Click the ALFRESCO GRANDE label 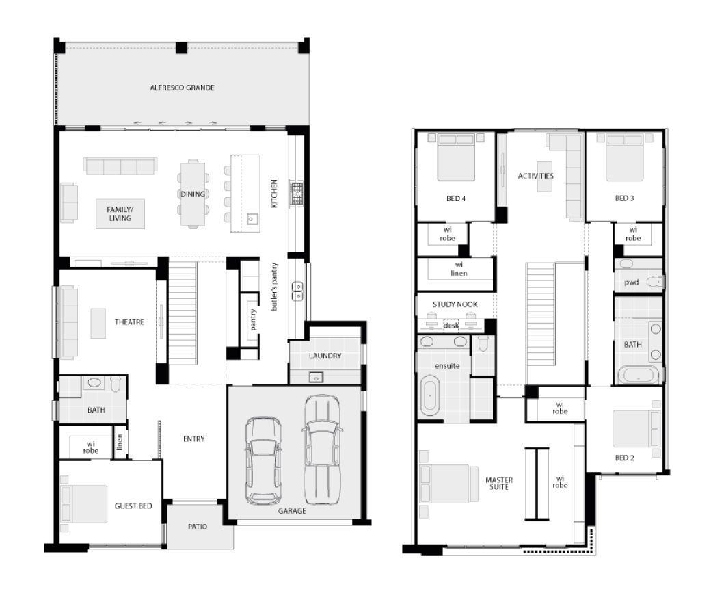click(182, 88)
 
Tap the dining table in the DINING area click(193, 194)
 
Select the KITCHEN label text click(274, 194)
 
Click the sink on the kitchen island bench click(252, 219)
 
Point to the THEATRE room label click(129, 322)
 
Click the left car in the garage click(263, 461)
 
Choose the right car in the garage click(322, 449)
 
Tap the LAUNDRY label click(325, 356)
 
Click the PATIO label click(198, 527)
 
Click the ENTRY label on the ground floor click(193, 439)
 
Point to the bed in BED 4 click(456, 157)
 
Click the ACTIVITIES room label click(535, 176)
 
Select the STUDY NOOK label click(455, 304)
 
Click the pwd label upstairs click(631, 282)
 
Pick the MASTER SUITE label click(499, 484)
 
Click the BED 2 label click(624, 458)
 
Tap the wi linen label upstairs click(459, 269)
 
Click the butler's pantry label click(274, 287)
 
